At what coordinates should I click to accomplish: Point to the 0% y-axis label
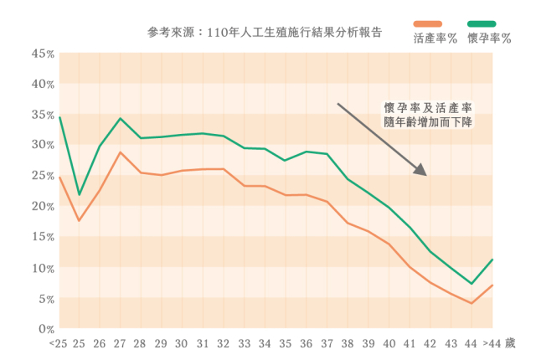(x=45, y=329)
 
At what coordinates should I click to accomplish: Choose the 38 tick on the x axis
(x=348, y=343)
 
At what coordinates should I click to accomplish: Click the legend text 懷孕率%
(x=490, y=39)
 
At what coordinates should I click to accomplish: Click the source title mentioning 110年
(x=265, y=33)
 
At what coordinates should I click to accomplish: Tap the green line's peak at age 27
(x=121, y=119)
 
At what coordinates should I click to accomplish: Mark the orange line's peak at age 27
(x=121, y=152)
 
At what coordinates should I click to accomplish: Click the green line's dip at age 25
(x=80, y=195)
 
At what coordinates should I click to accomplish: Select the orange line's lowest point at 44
(x=472, y=303)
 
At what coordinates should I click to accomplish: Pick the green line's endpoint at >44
(x=492, y=260)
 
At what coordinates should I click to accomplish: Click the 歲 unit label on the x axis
(x=511, y=343)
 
